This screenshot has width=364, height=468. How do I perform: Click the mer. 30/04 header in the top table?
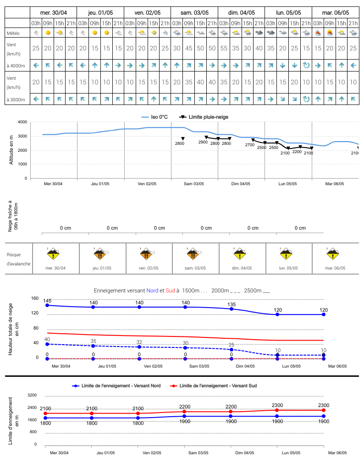coord(54,12)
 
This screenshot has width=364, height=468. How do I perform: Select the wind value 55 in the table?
coord(224,48)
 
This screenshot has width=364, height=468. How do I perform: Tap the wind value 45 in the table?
coord(188,48)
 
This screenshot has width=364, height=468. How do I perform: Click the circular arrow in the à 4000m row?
coord(306,65)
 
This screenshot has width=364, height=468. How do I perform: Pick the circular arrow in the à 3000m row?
coord(306,99)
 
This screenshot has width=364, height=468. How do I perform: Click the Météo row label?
coord(13,33)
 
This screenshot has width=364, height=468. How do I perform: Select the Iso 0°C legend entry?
coord(154,117)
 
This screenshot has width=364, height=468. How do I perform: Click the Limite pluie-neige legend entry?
coord(204,117)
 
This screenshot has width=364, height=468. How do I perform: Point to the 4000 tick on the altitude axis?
coord(22,122)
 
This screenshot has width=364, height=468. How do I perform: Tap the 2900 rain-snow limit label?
coord(203,142)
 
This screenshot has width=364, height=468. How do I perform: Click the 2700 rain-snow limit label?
coord(250,145)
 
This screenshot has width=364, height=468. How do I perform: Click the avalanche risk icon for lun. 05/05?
coord(286,254)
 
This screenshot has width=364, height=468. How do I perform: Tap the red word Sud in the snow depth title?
coord(170,291)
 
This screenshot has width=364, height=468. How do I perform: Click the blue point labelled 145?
coord(47,305)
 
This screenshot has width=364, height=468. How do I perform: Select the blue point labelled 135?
coord(232,309)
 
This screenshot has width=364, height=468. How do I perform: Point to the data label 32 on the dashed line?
coord(139,342)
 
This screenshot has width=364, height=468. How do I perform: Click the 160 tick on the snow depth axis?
coord(35,298)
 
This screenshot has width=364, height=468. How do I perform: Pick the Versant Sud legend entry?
coord(213,385)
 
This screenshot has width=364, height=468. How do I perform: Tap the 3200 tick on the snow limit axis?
coord(32,395)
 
